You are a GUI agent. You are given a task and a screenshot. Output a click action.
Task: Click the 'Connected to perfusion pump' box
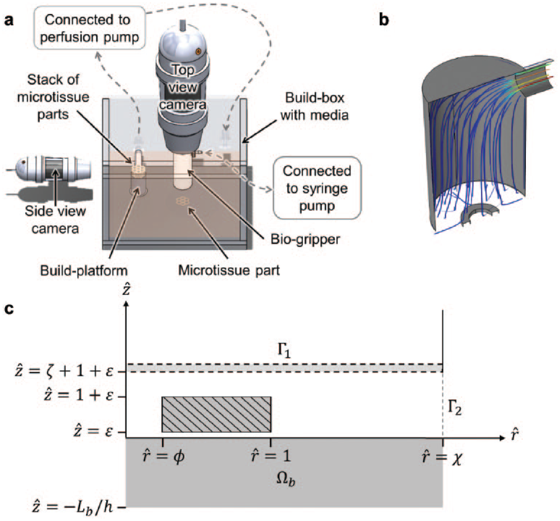89,28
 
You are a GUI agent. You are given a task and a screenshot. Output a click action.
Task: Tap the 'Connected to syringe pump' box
317,188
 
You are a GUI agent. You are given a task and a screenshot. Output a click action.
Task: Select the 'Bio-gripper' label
306,239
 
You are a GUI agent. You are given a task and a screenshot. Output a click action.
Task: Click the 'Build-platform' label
84,270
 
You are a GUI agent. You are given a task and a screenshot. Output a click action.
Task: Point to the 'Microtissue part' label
229,270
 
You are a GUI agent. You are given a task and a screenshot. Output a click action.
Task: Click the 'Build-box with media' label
315,106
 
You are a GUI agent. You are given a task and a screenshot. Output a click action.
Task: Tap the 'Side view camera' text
55,220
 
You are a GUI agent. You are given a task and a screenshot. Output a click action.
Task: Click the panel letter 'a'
9,20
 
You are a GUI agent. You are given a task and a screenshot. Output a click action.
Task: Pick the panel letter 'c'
9,309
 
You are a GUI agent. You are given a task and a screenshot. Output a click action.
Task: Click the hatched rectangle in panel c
216,414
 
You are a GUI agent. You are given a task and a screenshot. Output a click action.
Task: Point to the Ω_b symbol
286,479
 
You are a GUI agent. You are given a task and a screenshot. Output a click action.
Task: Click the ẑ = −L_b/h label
73,506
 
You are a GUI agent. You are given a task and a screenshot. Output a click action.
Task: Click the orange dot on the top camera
198,52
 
